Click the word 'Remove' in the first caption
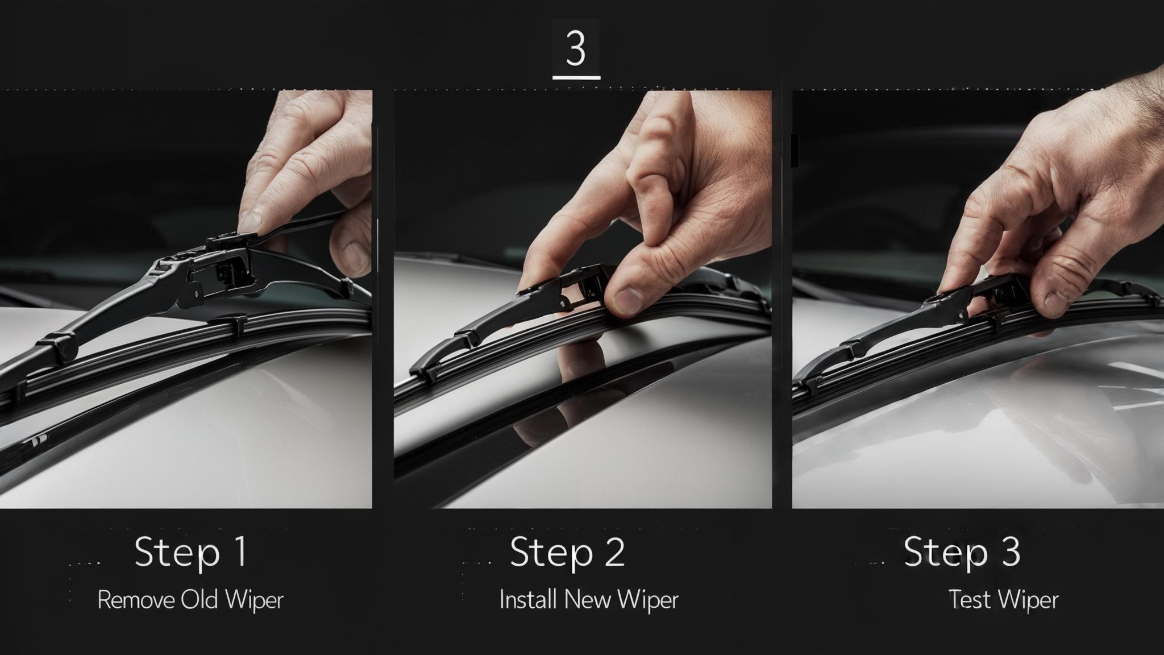[136, 600]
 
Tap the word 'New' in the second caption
[584, 600]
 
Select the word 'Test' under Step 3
[969, 600]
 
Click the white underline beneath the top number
[576, 77]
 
